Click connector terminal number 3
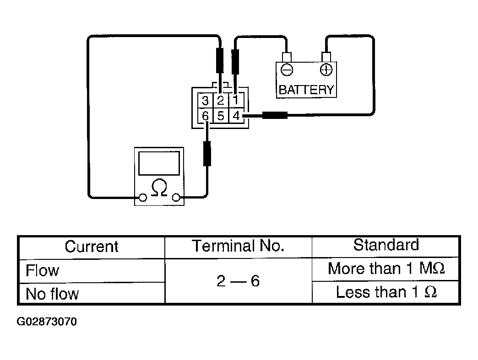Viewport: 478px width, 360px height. [x=206, y=101]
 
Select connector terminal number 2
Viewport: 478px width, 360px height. [x=221, y=101]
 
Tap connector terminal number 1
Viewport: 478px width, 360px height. [x=236, y=101]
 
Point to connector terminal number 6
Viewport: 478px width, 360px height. [x=206, y=116]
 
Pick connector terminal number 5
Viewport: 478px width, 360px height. [x=221, y=116]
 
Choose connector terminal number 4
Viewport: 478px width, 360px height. [x=236, y=116]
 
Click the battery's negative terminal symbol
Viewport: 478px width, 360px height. [x=287, y=70]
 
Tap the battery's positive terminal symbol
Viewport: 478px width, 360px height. [x=326, y=70]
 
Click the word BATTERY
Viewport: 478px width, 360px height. [x=306, y=90]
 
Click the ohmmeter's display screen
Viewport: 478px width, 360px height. [x=159, y=163]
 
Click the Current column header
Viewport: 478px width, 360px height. [x=92, y=247]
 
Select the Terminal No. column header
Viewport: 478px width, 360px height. [x=238, y=246]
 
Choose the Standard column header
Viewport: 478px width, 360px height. [x=386, y=245]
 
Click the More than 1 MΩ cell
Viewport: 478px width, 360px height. [x=386, y=269]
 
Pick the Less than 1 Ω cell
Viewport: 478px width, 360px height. [x=386, y=292]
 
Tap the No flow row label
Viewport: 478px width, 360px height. [x=52, y=294]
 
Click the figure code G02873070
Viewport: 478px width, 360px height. [x=47, y=322]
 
